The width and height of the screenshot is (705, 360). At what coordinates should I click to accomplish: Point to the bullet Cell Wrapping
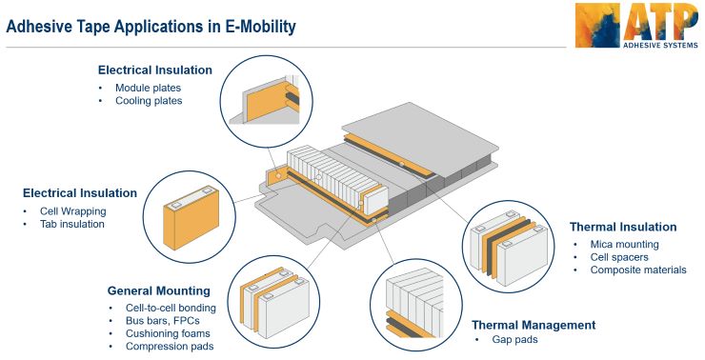(72, 210)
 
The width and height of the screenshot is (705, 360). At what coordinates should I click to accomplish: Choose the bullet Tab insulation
(72, 224)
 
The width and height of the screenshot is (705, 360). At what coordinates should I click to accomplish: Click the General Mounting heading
(158, 290)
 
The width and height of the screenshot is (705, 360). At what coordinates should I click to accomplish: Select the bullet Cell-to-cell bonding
(171, 308)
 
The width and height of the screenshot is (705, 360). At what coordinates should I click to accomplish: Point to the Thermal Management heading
(534, 325)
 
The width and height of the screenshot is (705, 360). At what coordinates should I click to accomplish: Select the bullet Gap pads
(515, 340)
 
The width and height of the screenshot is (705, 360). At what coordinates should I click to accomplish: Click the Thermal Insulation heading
(623, 227)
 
